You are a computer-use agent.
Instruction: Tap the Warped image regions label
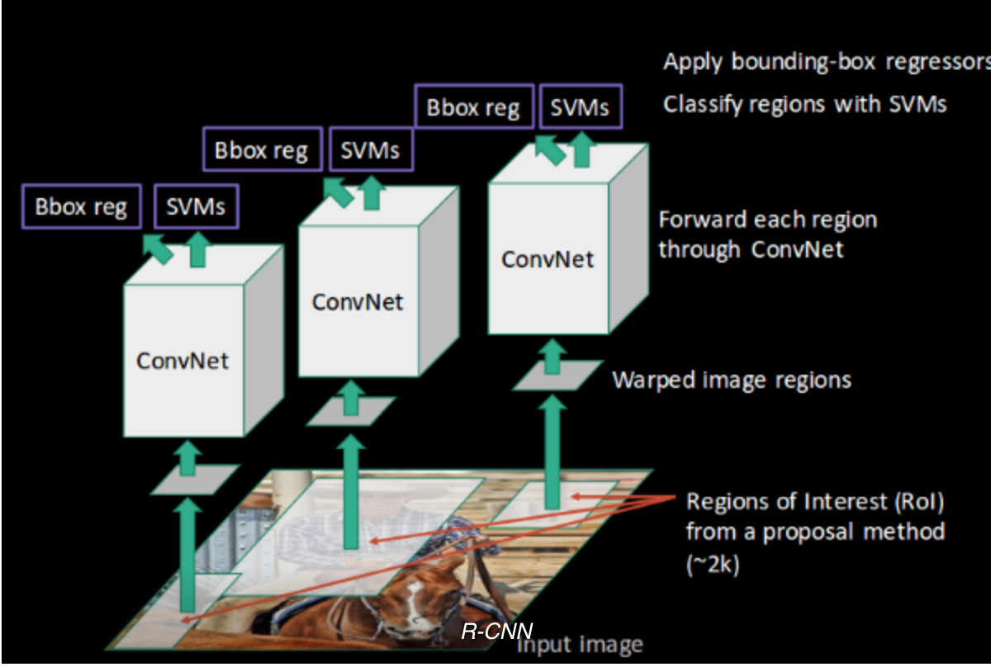coord(731,380)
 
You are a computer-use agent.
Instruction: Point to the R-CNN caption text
coord(497,632)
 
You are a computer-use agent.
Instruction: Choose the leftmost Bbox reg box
coord(81,206)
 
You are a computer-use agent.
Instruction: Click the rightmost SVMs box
coord(579,107)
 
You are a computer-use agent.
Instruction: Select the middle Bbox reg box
coord(261,150)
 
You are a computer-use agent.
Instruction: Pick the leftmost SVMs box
coord(196,206)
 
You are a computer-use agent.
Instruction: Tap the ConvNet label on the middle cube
coord(358,301)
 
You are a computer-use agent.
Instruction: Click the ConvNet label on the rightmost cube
coord(548,258)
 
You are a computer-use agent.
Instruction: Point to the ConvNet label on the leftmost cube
coord(183,361)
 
